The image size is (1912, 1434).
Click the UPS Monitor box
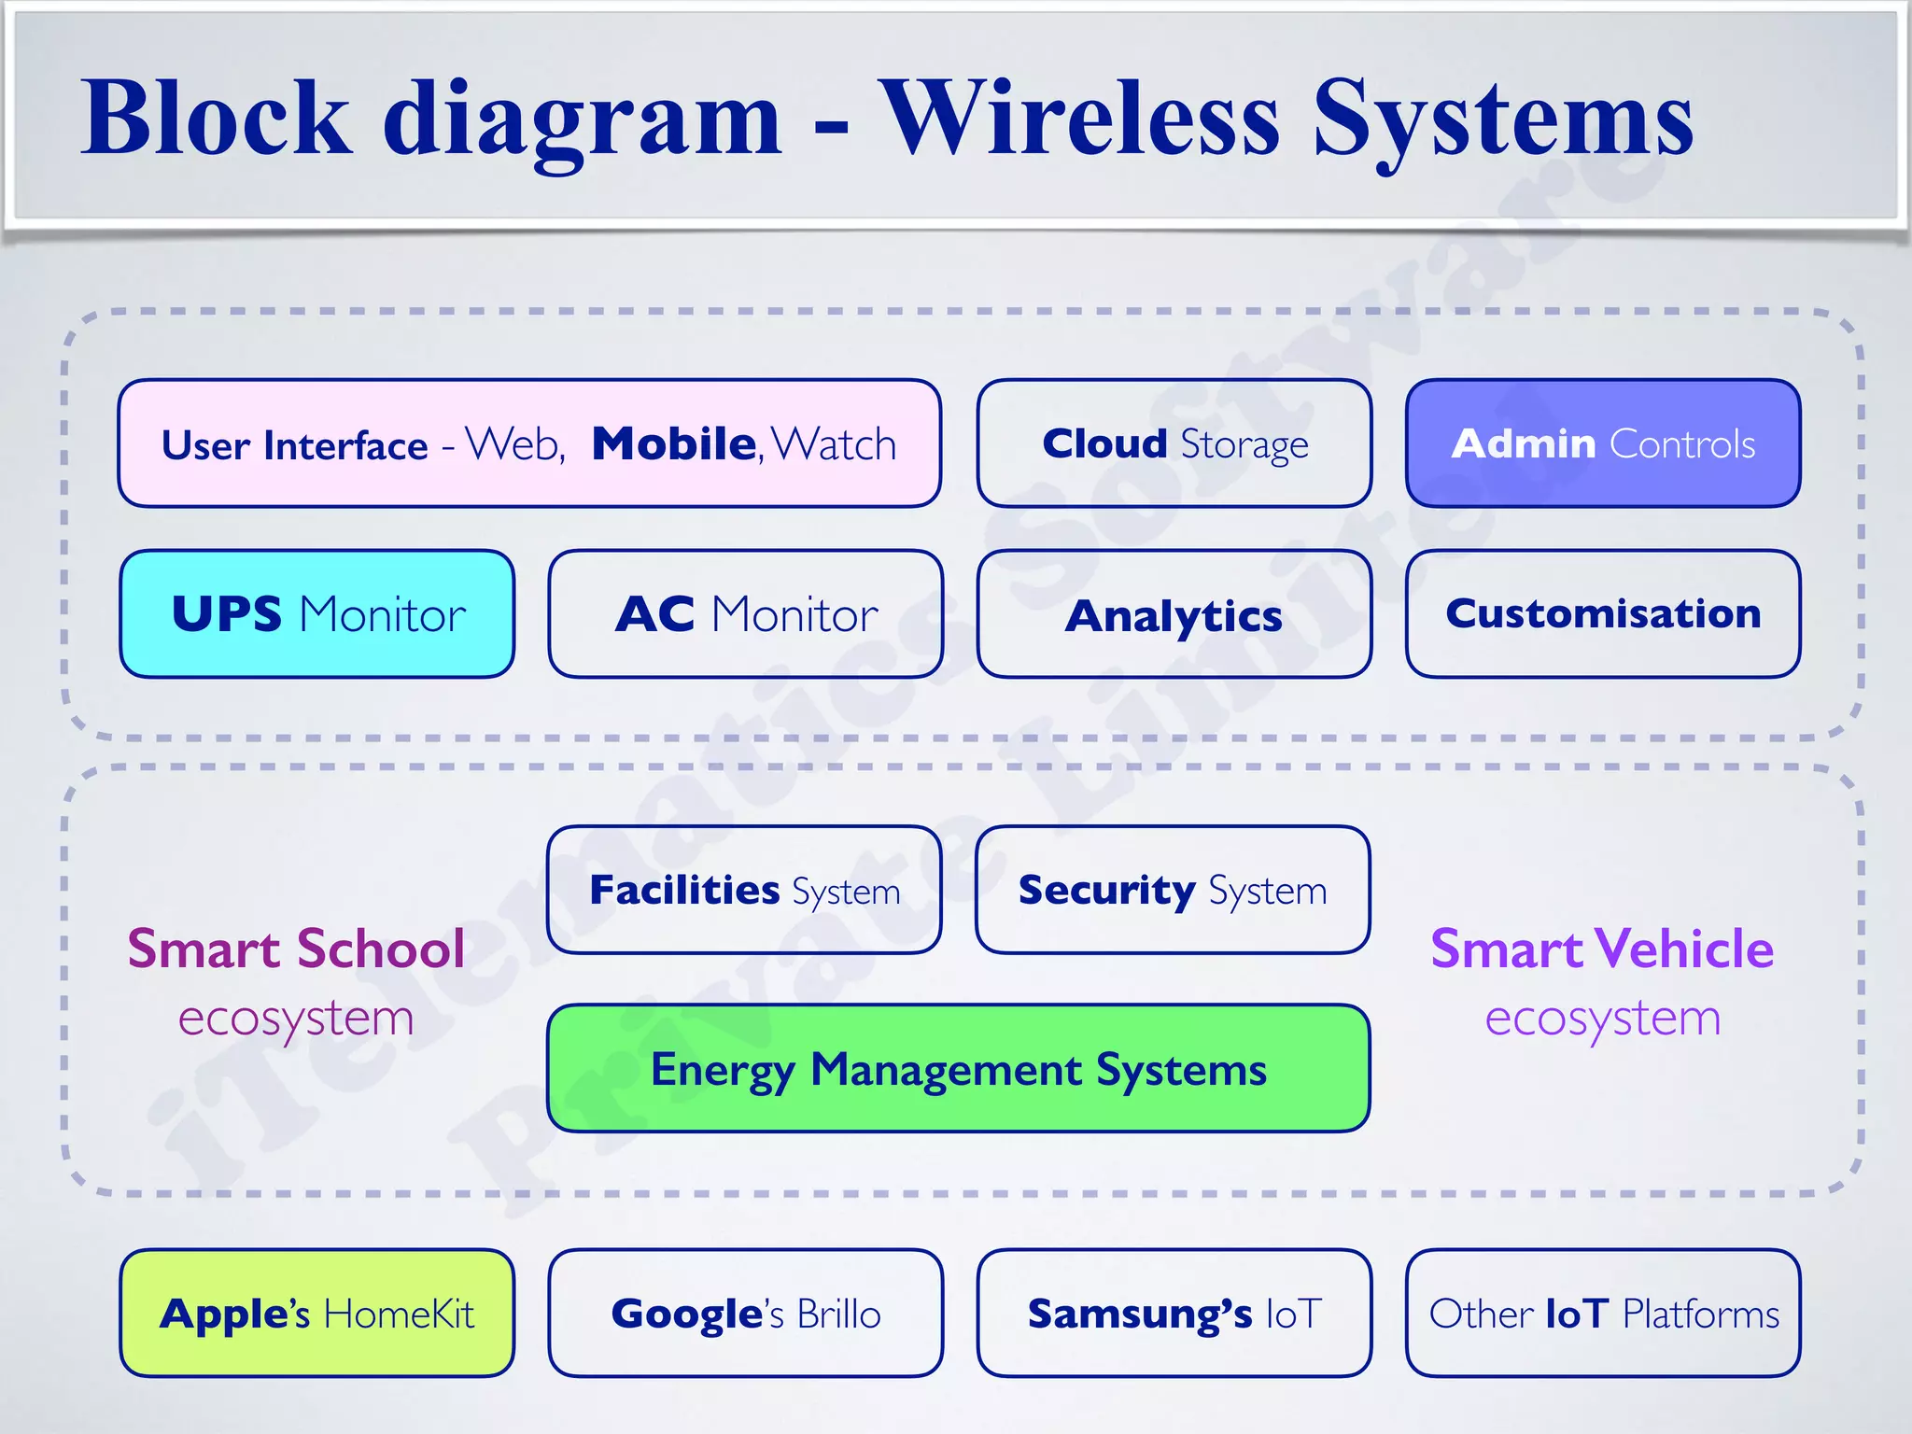point(317,614)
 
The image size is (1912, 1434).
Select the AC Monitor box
point(746,614)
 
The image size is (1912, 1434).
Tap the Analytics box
point(1174,614)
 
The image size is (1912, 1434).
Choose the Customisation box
point(1603,614)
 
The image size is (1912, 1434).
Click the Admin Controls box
point(1603,443)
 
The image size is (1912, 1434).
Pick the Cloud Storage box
point(1174,443)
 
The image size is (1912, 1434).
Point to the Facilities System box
point(744,890)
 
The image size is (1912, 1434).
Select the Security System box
point(1173,890)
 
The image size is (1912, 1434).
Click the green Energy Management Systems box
point(959,1069)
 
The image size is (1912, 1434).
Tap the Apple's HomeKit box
point(317,1313)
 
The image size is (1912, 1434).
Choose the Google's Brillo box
point(746,1313)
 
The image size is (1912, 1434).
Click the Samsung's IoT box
point(1174,1313)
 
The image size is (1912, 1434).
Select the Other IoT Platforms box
point(1603,1313)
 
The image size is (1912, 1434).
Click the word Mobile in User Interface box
point(674,443)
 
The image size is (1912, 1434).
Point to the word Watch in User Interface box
point(834,444)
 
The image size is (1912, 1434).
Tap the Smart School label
point(296,949)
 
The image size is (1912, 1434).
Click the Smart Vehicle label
point(1602,949)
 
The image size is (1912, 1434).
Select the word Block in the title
point(217,119)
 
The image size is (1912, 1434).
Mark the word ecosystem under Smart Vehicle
point(1602,1018)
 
